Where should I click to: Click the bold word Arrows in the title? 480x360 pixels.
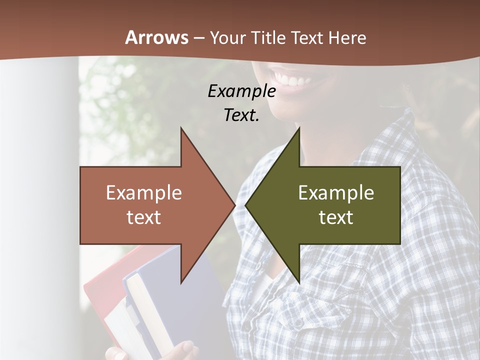[157, 38]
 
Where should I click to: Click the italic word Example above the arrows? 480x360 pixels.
[241, 91]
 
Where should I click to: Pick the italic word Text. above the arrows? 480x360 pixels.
[241, 115]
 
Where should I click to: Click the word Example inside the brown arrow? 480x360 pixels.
[143, 193]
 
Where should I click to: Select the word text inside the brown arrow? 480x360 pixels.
[143, 217]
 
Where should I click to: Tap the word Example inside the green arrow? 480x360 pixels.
[336, 193]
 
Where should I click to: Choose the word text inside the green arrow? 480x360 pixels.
[336, 217]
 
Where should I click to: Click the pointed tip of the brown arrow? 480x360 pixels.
[234, 205]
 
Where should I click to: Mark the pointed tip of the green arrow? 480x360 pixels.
[246, 205]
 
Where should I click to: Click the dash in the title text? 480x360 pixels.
[198, 38]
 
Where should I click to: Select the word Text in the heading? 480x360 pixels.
[307, 38]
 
